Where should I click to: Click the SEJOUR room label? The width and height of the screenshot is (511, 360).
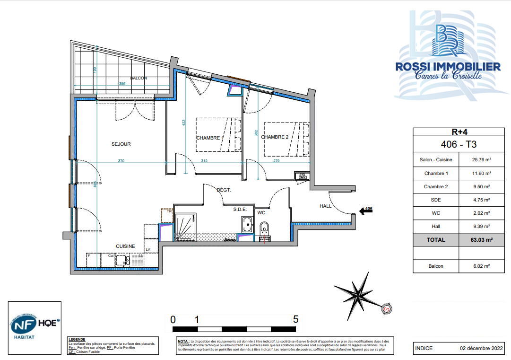tap(121, 144)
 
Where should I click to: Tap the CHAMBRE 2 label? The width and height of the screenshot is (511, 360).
tap(275, 137)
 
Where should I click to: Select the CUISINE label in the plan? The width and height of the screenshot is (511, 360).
tap(125, 246)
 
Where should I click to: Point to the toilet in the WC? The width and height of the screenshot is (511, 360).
tap(264, 228)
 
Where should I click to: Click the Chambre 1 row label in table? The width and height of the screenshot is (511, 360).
tap(435, 173)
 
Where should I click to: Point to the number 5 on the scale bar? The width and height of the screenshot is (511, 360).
tap(296, 319)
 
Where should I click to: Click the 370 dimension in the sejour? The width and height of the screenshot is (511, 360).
tap(121, 161)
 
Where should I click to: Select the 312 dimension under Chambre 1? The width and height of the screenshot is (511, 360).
tap(204, 161)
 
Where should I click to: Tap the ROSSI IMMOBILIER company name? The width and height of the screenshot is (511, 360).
tap(448, 67)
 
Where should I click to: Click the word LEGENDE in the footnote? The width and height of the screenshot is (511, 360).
tap(77, 339)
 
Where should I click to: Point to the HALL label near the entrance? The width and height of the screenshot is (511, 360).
tap(325, 206)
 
